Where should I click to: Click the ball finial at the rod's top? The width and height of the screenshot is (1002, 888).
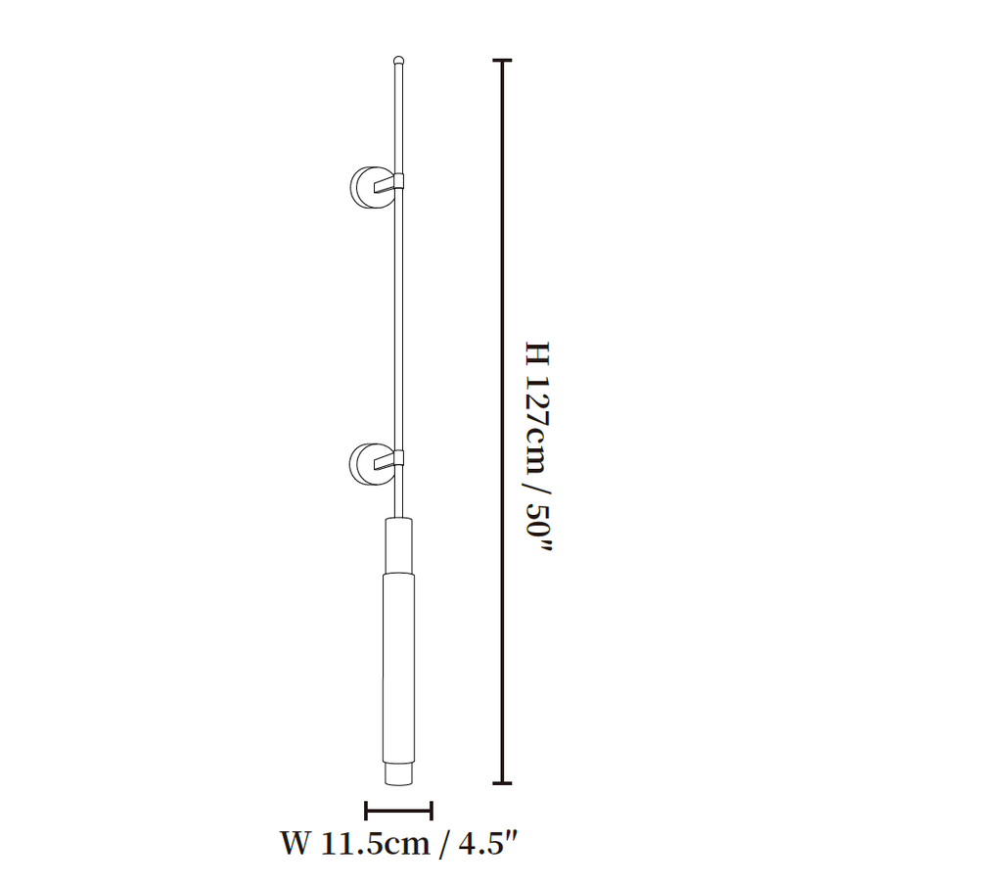point(399,61)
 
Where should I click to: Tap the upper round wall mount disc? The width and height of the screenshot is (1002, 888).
point(364,187)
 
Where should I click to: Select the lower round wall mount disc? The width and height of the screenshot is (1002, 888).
point(364,464)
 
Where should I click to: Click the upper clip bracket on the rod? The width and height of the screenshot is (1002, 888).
point(389,183)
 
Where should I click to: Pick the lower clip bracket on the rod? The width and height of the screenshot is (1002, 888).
point(389,459)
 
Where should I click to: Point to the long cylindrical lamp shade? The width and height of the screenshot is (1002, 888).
point(398,668)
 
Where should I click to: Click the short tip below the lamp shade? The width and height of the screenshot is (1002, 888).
point(398,773)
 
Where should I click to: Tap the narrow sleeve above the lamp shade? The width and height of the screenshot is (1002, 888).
point(398,545)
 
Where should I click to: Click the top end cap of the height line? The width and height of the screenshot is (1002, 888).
point(502,60)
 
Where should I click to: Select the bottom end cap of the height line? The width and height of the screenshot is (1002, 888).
point(502,782)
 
